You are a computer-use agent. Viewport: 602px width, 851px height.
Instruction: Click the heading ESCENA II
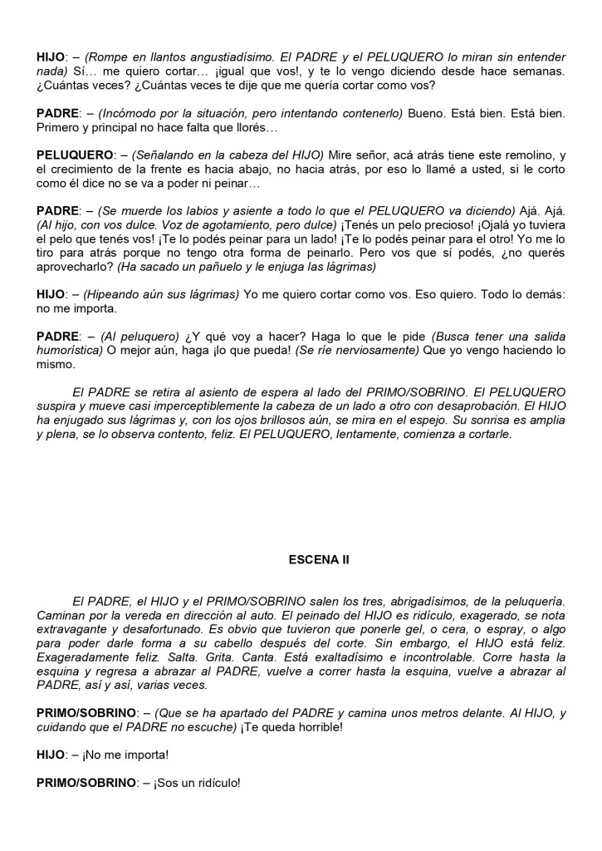pyautogui.click(x=313, y=559)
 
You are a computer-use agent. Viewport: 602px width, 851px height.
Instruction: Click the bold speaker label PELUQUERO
pyautogui.click(x=75, y=155)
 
